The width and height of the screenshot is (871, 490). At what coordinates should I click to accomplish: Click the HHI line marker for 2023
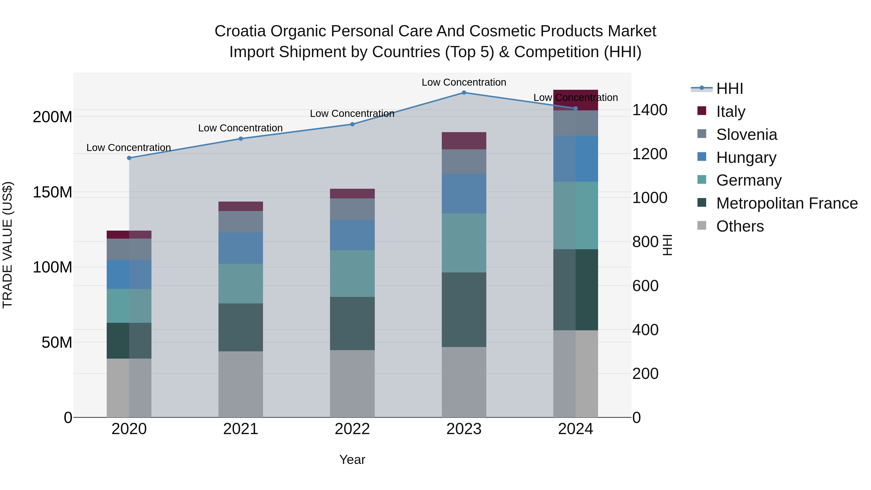(464, 93)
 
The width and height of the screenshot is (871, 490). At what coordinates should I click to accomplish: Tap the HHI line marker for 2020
(129, 158)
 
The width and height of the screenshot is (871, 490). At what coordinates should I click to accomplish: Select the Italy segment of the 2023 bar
(464, 141)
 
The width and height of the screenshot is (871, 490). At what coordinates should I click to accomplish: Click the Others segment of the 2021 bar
(240, 384)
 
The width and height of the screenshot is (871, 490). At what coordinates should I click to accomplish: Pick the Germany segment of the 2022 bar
(352, 274)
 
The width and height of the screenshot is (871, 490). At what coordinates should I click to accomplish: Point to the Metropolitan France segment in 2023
(464, 310)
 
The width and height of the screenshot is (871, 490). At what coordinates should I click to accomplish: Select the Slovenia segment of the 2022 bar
(352, 209)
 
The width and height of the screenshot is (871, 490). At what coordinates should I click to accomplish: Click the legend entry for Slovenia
(747, 135)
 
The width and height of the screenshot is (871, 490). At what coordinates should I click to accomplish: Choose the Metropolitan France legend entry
(787, 203)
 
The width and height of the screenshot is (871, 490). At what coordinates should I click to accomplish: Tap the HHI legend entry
(729, 89)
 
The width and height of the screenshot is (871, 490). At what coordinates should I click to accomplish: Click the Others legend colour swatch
(702, 226)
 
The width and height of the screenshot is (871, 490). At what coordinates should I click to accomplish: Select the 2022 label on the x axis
(352, 429)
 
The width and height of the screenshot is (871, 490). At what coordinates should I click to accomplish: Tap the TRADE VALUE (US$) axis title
(8, 245)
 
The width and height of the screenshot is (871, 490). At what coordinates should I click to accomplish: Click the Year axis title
(352, 460)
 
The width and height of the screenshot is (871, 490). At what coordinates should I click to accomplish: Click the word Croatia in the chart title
(240, 31)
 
